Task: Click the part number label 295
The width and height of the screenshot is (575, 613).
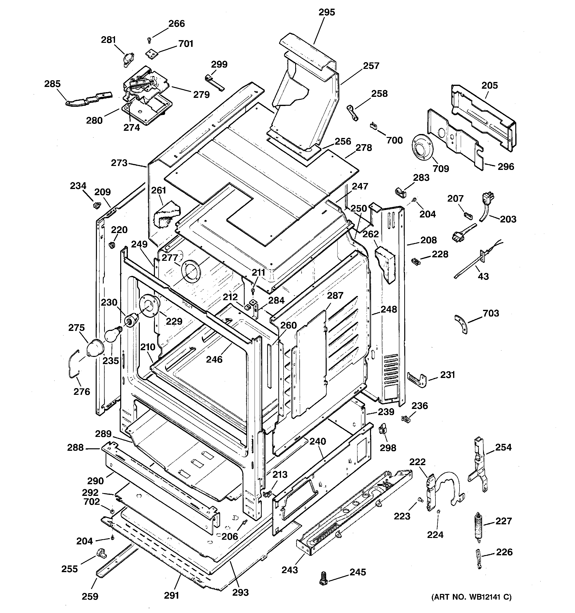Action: point(327,12)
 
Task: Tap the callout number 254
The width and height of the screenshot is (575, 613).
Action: point(503,447)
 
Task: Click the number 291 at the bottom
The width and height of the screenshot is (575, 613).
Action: point(171,595)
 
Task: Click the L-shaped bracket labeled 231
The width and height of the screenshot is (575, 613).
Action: point(417,379)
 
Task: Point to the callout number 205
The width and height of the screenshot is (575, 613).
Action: point(489,85)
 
